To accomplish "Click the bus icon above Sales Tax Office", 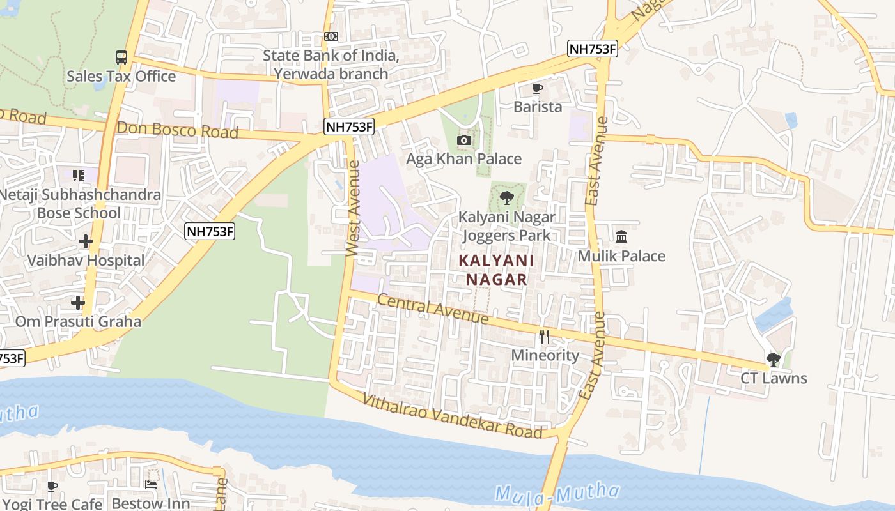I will coord(121,57).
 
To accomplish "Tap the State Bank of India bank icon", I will coord(331,36).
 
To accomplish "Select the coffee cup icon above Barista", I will coord(538,88).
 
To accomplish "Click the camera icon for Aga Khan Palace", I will coord(464,141).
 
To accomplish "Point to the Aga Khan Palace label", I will coord(464,158).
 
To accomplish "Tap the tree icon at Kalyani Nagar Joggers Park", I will coord(507,198).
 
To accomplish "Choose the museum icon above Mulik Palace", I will coord(621,237).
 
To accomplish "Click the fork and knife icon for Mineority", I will coord(545,337).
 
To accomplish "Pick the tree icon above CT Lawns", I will coord(774,360).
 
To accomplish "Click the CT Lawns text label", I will coord(774,378).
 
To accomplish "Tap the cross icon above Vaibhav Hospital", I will coord(86,241).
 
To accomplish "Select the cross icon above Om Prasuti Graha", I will coord(78,302).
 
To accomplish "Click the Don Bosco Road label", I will coord(177,130).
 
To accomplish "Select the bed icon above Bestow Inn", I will coord(151,485).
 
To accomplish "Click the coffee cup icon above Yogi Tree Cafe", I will coord(52,486).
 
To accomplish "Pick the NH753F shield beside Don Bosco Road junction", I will coord(348,126).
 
